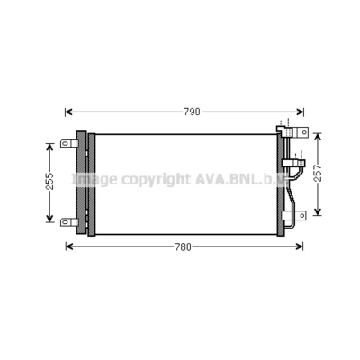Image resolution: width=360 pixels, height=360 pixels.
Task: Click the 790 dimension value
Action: tap(192, 112)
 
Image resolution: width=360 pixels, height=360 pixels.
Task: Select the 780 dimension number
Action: tap(183, 247)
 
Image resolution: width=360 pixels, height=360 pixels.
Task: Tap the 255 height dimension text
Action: tap(49, 181)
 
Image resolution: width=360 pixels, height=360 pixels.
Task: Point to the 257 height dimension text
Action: tap(318, 173)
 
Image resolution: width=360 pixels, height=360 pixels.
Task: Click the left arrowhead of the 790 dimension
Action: tap(69, 112)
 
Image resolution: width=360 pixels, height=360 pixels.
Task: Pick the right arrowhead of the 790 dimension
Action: tap(300, 112)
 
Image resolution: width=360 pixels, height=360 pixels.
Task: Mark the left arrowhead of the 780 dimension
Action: tap(69, 247)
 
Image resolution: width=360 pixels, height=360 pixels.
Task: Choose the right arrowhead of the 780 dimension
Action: tap(299, 247)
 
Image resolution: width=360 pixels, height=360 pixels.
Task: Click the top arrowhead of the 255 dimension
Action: tap(49, 148)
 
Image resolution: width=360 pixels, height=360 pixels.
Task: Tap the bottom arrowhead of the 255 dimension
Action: tap(49, 219)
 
